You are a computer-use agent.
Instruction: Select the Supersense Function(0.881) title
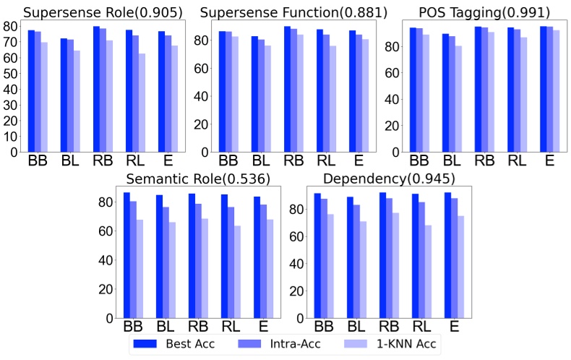pyautogui.click(x=293, y=12)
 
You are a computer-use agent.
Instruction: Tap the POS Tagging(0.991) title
pyautogui.click(x=483, y=12)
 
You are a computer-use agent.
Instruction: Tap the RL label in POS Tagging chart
pyautogui.click(x=518, y=160)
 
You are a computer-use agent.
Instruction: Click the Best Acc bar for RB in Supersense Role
pyautogui.click(x=96, y=89)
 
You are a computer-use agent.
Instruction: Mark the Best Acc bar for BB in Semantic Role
pyautogui.click(x=126, y=255)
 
